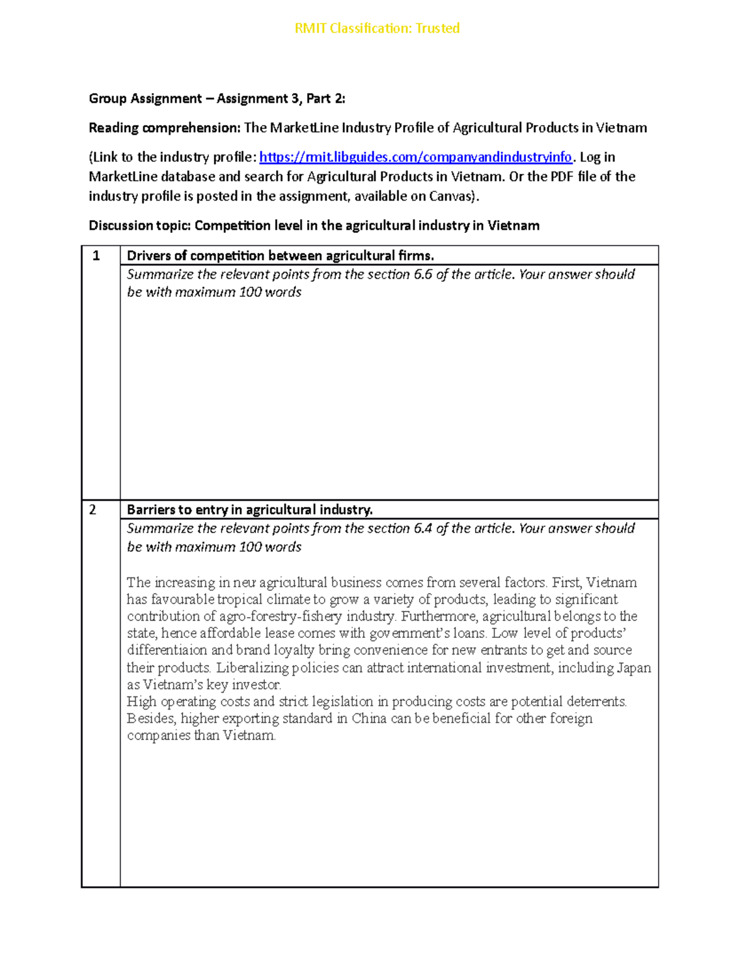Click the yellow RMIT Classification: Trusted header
coord(377,28)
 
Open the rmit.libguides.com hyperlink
coord(415,157)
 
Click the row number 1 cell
coord(96,256)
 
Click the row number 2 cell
coord(93,510)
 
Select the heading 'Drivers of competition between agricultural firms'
coord(280,255)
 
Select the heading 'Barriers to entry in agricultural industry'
coord(250,510)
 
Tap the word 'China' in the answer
coord(369,718)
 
